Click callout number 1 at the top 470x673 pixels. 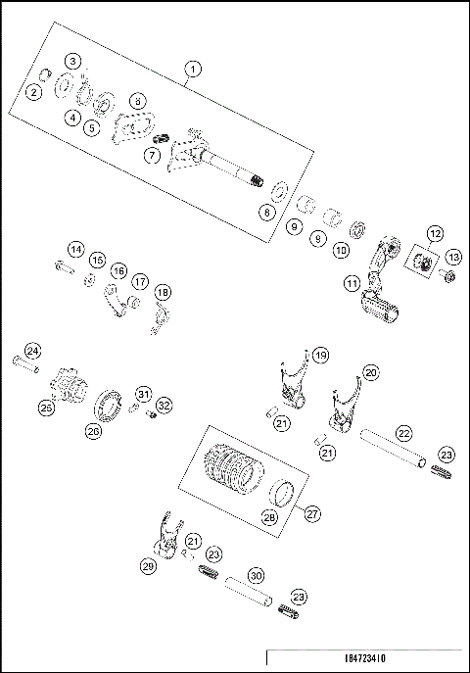(x=193, y=69)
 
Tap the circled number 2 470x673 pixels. (x=34, y=92)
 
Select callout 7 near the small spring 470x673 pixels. (x=152, y=155)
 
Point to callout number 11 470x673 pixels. (x=351, y=283)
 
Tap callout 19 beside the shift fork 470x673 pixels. (x=320, y=354)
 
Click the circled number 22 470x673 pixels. (x=400, y=433)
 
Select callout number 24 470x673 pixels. (x=32, y=351)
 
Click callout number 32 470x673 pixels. (x=164, y=405)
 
